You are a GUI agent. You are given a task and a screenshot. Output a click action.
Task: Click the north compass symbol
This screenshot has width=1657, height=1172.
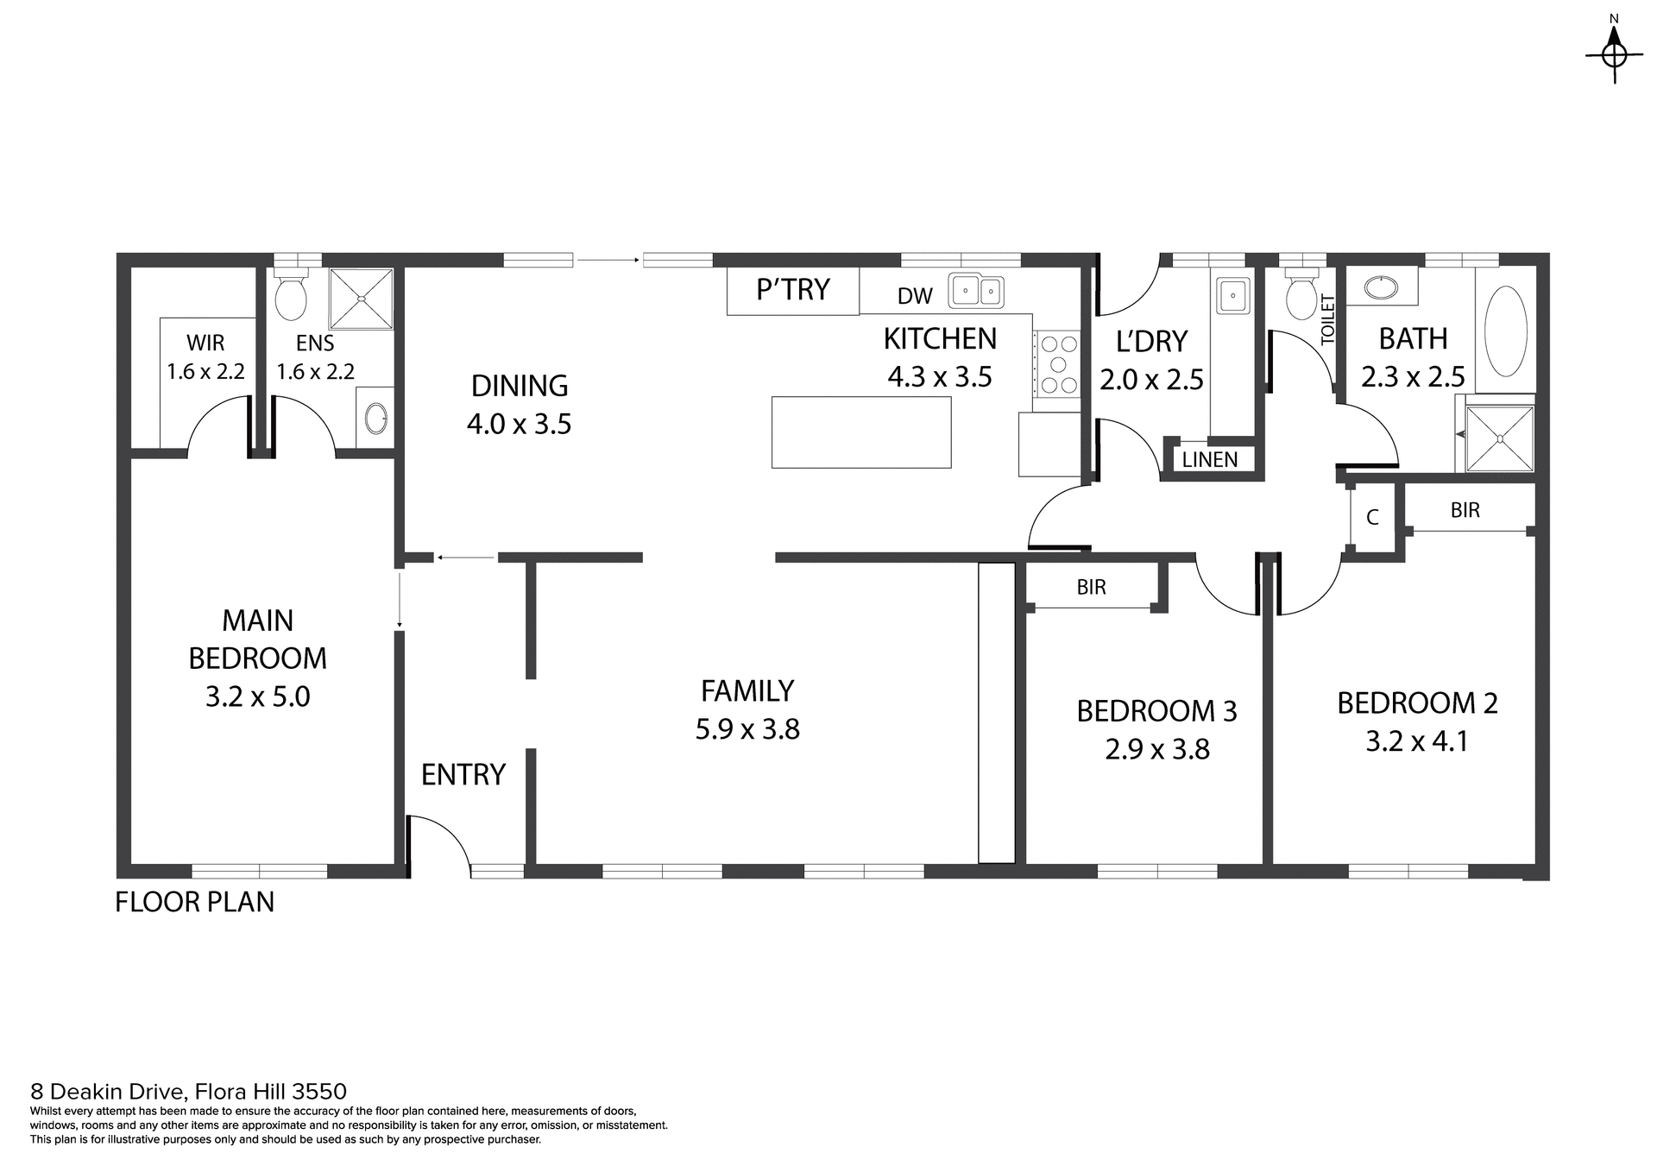pyautogui.click(x=1614, y=54)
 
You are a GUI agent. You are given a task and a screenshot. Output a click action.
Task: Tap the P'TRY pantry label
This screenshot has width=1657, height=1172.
pyautogui.click(x=792, y=289)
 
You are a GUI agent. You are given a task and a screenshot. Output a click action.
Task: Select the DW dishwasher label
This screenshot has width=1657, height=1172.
pyautogui.click(x=915, y=296)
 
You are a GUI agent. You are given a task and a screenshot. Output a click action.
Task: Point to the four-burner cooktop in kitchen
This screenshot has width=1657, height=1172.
pyautogui.click(x=1058, y=365)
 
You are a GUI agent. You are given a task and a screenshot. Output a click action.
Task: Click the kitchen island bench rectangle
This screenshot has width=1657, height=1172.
pyautogui.click(x=860, y=432)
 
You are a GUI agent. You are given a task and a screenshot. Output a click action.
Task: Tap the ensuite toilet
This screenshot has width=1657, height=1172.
pyautogui.click(x=290, y=296)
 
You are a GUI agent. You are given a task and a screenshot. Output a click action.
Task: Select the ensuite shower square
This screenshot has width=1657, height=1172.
pyautogui.click(x=362, y=299)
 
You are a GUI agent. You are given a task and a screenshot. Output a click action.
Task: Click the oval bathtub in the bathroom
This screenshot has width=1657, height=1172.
pyautogui.click(x=1506, y=331)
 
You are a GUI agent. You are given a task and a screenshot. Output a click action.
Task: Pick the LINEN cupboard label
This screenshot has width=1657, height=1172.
pyautogui.click(x=1209, y=460)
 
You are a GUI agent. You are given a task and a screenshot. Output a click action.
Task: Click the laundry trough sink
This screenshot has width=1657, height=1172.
pyautogui.click(x=1233, y=296)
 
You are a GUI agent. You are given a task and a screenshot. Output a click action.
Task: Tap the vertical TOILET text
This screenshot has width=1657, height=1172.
pyautogui.click(x=1327, y=320)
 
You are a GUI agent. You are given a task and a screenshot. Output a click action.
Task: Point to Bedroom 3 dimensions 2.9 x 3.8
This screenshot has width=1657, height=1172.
pyautogui.click(x=1156, y=748)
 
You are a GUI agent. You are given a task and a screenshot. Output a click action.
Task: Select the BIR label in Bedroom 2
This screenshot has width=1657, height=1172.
pyautogui.click(x=1465, y=510)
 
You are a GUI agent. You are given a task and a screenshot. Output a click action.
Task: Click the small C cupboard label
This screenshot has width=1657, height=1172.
pyautogui.click(x=1372, y=518)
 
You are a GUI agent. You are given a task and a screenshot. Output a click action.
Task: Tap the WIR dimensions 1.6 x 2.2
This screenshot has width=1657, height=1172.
pyautogui.click(x=205, y=371)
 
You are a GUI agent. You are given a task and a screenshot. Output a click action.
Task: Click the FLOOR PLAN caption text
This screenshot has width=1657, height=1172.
pyautogui.click(x=194, y=902)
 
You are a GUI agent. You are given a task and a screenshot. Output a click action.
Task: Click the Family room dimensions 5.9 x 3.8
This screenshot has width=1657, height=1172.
pyautogui.click(x=747, y=729)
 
